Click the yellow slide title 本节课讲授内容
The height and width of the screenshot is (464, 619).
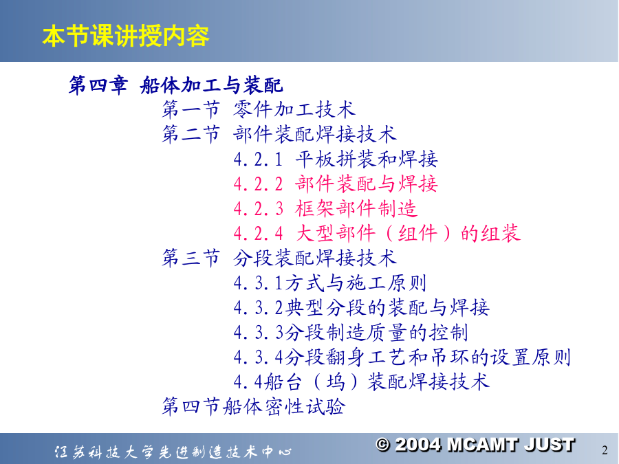[x=126, y=36]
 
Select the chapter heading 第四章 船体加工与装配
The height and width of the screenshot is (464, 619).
[x=176, y=85]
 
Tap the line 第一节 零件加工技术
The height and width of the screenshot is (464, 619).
[x=259, y=109]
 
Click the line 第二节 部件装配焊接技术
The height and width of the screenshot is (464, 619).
[x=279, y=134]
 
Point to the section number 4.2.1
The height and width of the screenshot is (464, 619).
[x=258, y=159]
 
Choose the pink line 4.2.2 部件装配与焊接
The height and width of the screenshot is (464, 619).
[x=336, y=184]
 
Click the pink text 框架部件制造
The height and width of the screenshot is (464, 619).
[x=356, y=208]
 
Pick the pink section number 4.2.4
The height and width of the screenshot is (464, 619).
[x=258, y=234]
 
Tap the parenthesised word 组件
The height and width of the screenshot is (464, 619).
[x=418, y=233]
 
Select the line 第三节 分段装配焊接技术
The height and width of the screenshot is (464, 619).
[x=279, y=258]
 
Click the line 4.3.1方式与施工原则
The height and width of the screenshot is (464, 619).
[x=330, y=283]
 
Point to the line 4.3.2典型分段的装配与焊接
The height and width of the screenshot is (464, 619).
[x=362, y=308]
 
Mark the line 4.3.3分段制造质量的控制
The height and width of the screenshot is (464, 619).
[x=351, y=333]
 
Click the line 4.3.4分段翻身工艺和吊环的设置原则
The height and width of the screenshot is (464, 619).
[x=402, y=357]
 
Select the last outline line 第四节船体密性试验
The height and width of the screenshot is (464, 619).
[x=253, y=406]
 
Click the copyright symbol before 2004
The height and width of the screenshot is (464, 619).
[x=383, y=445]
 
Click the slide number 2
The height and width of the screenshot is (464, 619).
[x=605, y=450]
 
